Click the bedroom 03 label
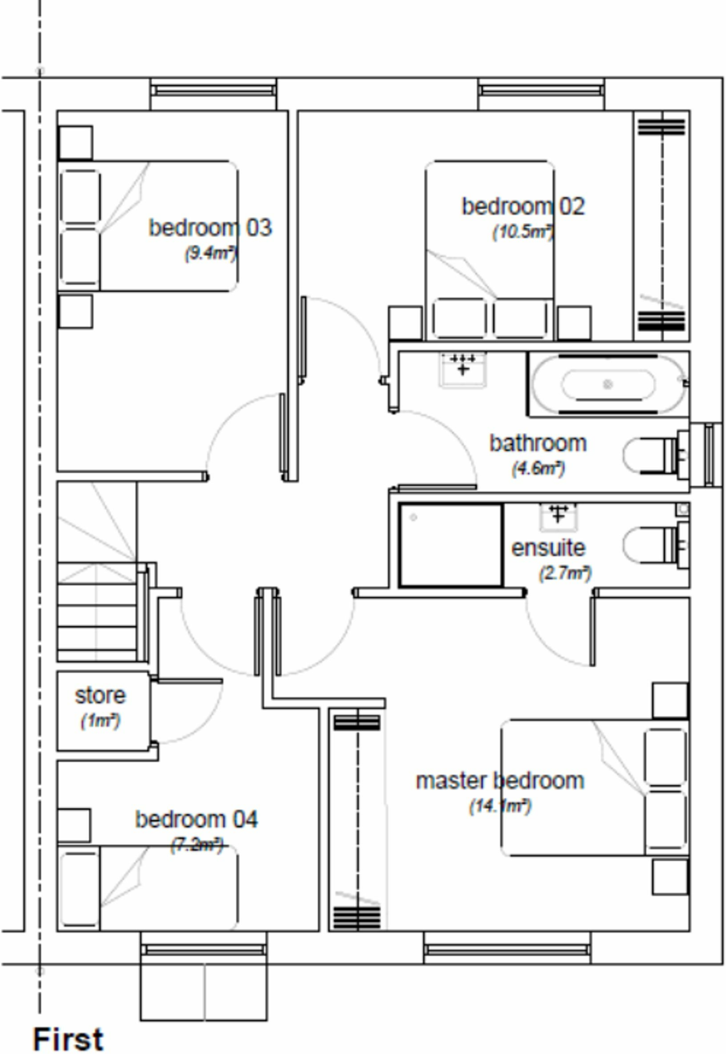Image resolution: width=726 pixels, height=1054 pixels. (x=210, y=228)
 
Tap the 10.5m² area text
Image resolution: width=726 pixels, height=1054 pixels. (x=523, y=232)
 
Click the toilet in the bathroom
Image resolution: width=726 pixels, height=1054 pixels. (x=653, y=455)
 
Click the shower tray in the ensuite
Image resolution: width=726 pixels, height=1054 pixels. (x=451, y=545)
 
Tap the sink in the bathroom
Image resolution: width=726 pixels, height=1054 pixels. (x=463, y=368)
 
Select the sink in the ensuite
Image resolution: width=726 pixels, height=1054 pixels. (x=558, y=516)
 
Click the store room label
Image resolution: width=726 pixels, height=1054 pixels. (x=100, y=696)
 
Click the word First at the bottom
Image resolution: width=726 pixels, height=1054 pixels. (x=68, y=1039)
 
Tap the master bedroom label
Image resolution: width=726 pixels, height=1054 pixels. (x=500, y=781)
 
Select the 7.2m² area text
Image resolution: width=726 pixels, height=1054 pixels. (x=197, y=845)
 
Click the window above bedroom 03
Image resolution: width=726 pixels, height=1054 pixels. (x=213, y=91)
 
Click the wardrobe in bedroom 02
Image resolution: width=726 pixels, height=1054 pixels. (x=662, y=226)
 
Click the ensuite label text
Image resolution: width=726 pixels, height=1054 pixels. (x=548, y=548)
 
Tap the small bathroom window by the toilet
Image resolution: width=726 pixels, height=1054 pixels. (x=709, y=455)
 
